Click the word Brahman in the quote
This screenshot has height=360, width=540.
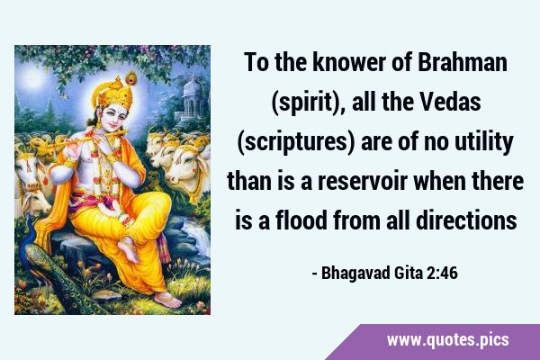463,62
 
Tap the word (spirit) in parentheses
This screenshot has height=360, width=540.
307,103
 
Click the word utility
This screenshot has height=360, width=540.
484,142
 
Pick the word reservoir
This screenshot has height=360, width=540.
363,181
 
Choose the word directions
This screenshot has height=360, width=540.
466,220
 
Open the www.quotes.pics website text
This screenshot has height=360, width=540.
447,340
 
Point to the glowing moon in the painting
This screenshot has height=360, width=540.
32,78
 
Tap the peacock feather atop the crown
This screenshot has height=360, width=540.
130,78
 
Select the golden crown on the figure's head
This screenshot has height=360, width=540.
113,93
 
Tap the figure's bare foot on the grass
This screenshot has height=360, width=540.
168,300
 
